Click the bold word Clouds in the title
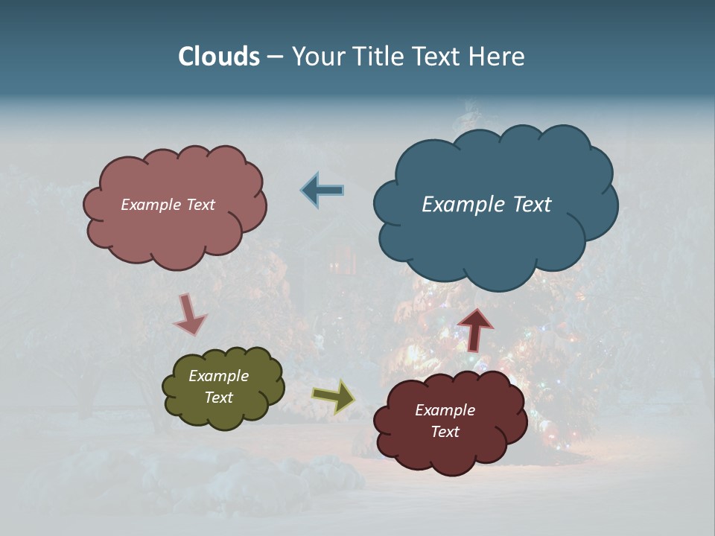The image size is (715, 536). [219, 57]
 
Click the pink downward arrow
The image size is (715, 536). [190, 315]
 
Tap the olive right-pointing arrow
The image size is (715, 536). [334, 396]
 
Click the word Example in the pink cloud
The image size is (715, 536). [150, 205]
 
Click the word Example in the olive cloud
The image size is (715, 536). [218, 377]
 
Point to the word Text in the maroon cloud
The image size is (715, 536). [445, 433]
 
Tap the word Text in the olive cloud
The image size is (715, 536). [218, 398]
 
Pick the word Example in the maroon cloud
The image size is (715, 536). [445, 411]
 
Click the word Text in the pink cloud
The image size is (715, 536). [199, 205]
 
